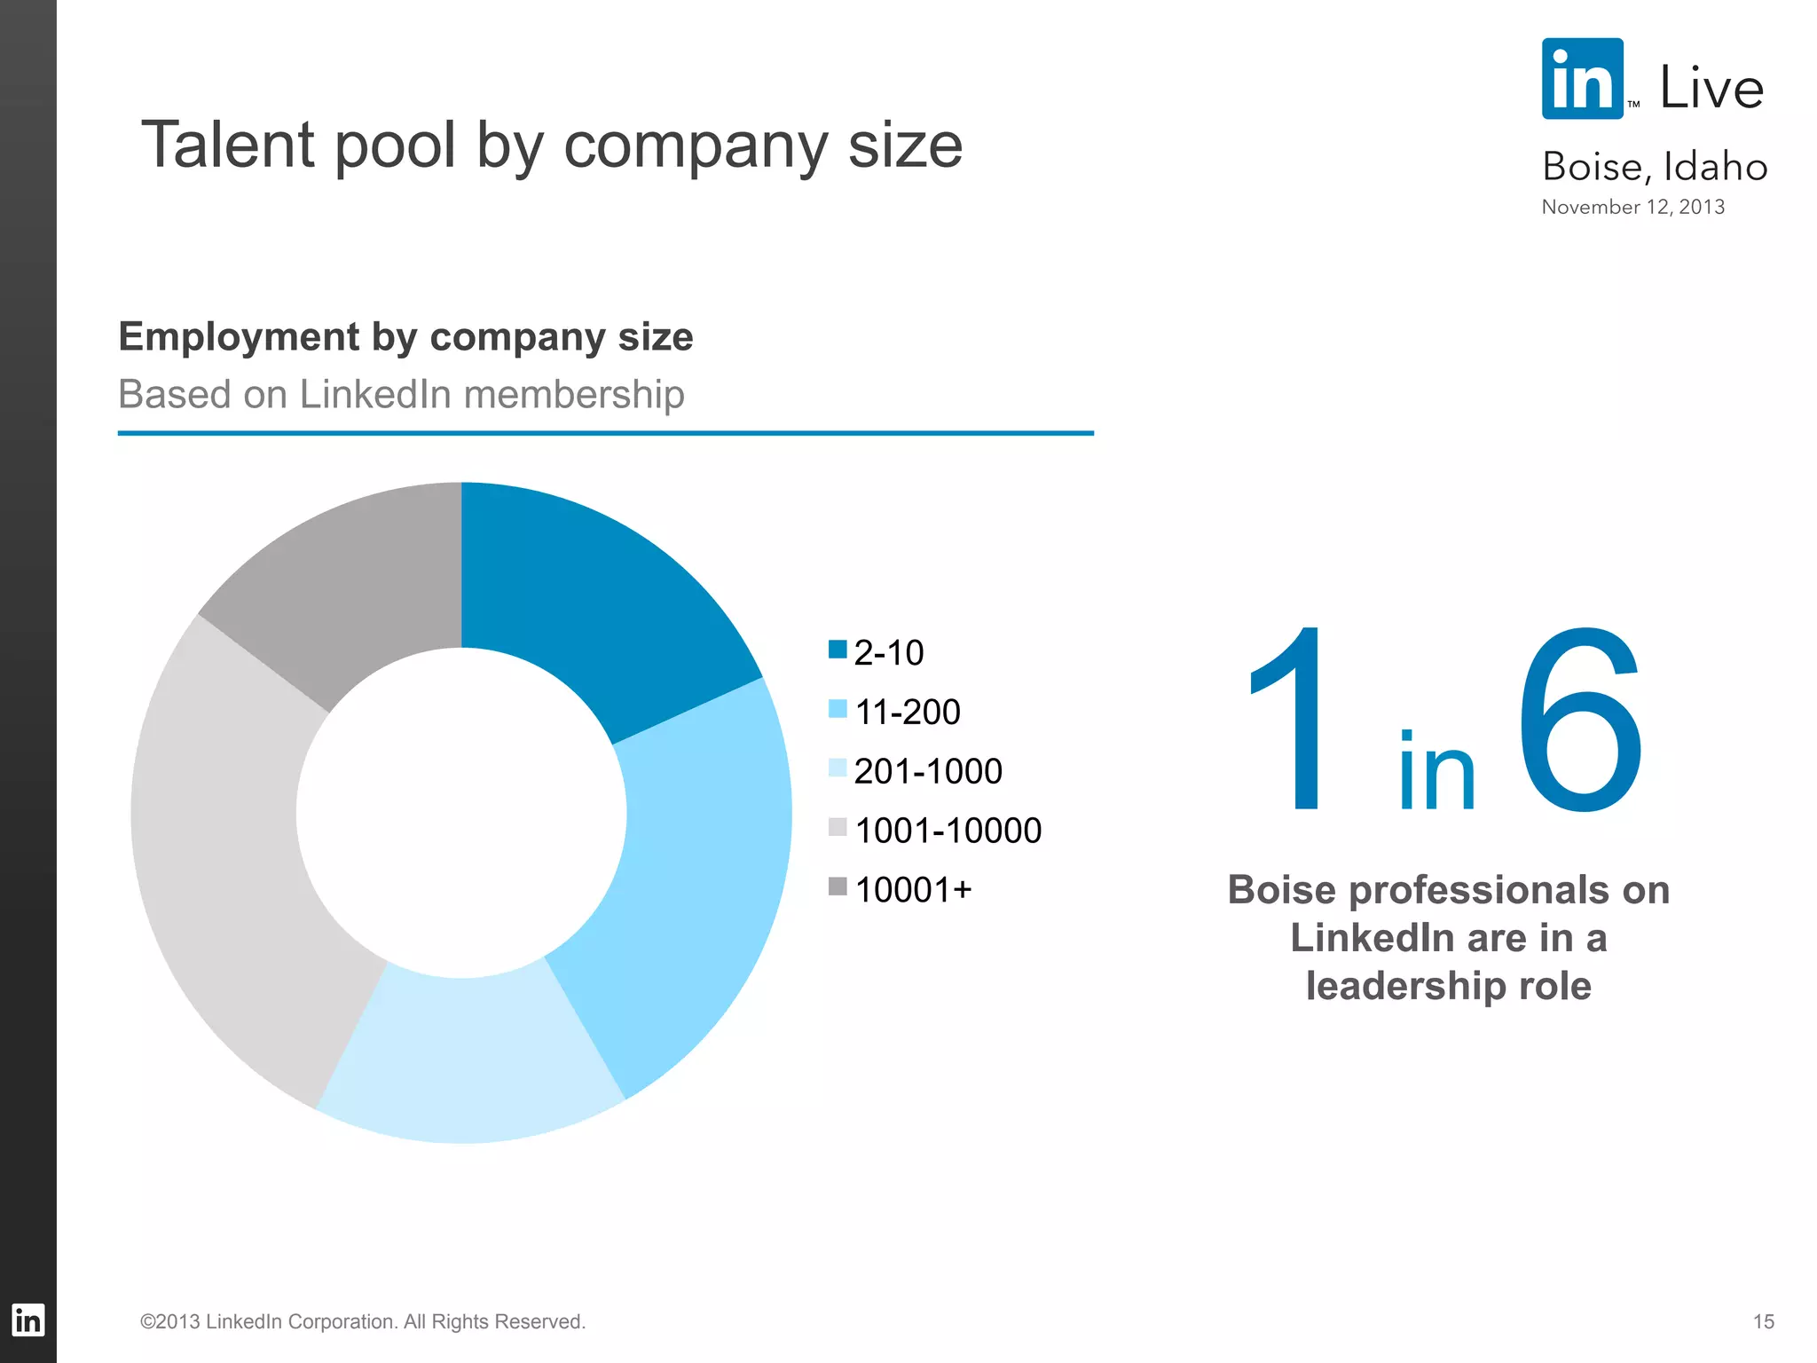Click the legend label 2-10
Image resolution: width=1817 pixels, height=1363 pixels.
[888, 653]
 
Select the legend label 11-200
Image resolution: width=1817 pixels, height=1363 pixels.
[907, 712]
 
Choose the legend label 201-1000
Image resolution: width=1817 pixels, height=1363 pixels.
[927, 771]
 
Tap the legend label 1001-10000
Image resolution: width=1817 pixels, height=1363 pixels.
[948, 831]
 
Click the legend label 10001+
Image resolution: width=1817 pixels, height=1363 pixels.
[913, 890]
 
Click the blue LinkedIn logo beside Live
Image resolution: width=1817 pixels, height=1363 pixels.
[1583, 79]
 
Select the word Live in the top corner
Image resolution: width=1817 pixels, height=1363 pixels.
[1711, 88]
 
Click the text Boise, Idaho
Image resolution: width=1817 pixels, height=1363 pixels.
[1655, 167]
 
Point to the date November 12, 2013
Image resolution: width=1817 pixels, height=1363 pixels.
[1632, 207]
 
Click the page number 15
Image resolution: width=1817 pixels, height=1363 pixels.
[1763, 1321]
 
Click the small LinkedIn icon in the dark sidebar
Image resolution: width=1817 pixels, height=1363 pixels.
[28, 1320]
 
